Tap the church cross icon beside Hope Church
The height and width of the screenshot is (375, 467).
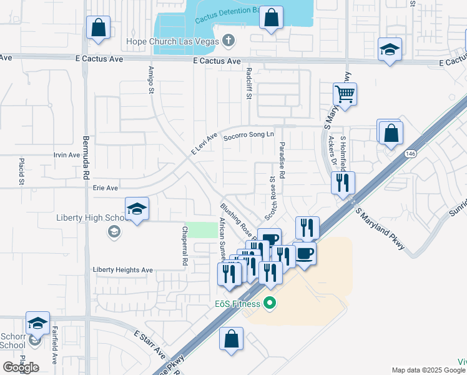[x=229, y=41]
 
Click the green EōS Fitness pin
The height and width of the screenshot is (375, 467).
[x=270, y=304]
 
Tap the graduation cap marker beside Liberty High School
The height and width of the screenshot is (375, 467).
[x=137, y=210]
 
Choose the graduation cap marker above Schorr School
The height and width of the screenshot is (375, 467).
[x=37, y=324]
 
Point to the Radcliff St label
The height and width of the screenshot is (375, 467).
[x=248, y=83]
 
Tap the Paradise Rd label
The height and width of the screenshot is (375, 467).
[x=282, y=160]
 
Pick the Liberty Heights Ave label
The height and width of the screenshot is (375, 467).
[x=123, y=270]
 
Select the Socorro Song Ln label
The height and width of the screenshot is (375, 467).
[x=248, y=134]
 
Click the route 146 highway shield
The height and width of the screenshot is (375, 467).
[x=410, y=154]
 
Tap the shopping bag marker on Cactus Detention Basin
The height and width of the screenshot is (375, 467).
[x=272, y=19]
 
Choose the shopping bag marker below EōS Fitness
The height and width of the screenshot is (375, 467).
[x=231, y=341]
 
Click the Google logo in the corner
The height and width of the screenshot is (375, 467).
[x=21, y=367]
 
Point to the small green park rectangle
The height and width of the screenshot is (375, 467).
[x=201, y=229]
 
